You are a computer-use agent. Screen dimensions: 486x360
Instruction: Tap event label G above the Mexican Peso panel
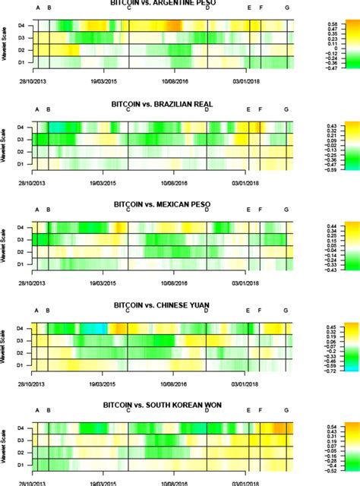tap(286, 210)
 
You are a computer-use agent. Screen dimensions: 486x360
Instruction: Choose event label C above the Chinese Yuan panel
tap(128, 310)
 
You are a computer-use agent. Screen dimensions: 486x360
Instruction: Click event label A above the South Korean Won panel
tap(37, 410)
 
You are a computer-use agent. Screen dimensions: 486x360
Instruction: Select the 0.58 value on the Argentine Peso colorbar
tap(333, 24)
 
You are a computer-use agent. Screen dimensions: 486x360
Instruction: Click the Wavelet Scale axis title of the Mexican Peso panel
tap(6, 245)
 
